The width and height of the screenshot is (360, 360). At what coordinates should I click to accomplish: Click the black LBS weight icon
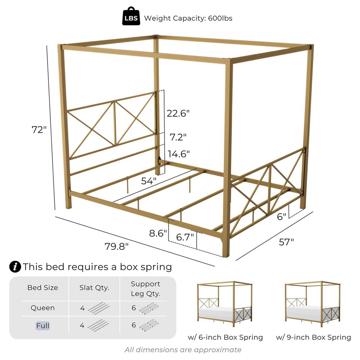[131, 16]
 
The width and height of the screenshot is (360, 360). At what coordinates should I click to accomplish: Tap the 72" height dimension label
[39, 130]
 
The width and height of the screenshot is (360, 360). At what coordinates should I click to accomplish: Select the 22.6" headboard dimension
[178, 113]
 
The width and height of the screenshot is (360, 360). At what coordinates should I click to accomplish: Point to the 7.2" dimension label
[178, 137]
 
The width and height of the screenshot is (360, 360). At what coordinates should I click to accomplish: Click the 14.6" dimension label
[179, 154]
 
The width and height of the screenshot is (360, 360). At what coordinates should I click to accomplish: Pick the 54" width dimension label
[149, 181]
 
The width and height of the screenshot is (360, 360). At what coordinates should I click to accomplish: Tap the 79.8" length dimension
[116, 246]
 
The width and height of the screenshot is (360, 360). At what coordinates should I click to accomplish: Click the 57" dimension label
[286, 242]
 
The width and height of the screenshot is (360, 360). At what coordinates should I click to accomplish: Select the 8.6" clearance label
[158, 233]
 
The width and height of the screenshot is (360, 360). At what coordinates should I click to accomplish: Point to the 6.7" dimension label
[185, 237]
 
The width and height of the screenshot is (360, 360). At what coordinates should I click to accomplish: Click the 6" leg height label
[282, 216]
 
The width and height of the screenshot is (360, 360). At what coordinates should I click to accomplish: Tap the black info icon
[15, 267]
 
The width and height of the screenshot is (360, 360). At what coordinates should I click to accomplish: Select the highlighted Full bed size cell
[43, 325]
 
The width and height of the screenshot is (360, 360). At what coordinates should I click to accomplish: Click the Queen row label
[43, 308]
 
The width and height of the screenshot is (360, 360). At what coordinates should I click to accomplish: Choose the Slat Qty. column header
[94, 288]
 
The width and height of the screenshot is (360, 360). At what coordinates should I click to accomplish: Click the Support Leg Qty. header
[145, 289]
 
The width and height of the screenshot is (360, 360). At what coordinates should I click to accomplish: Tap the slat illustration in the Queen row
[99, 308]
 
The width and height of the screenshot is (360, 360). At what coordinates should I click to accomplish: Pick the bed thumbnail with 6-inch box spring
[225, 304]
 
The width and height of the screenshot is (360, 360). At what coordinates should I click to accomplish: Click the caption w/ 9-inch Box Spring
[314, 337]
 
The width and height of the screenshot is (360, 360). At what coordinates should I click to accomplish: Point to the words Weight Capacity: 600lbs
[188, 18]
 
